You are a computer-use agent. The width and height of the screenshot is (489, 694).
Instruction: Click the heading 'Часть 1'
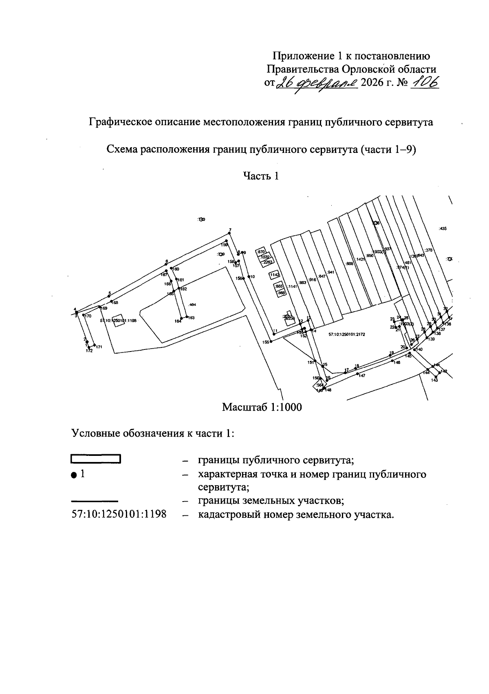click(x=261, y=176)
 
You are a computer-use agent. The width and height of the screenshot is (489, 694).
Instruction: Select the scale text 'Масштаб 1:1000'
click(x=262, y=407)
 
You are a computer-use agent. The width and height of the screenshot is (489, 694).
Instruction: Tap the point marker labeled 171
click(x=95, y=345)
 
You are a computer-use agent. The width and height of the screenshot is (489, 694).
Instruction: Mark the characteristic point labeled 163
click(x=187, y=316)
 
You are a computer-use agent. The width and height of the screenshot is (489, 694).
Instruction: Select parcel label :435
click(x=443, y=229)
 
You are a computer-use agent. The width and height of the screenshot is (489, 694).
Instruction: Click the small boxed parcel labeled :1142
click(x=274, y=275)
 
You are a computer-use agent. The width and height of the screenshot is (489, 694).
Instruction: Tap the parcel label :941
click(x=331, y=272)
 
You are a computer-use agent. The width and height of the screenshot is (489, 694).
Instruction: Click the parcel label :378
click(x=428, y=250)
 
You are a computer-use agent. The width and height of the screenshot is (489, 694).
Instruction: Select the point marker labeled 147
click(x=357, y=374)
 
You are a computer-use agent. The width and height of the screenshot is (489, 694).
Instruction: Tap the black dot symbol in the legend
click(x=74, y=475)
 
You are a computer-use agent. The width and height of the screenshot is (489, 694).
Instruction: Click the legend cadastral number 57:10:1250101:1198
click(x=119, y=514)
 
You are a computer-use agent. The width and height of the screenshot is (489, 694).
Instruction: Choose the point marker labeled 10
click(x=248, y=276)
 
